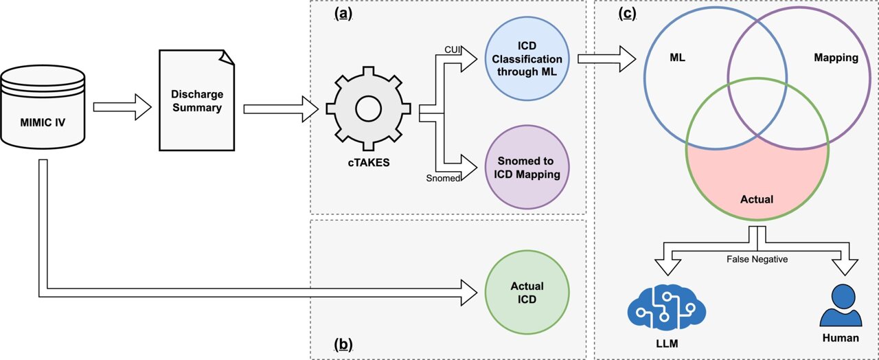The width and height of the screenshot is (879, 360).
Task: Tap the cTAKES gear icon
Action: tap(368, 109)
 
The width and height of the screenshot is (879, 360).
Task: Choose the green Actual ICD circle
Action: tap(527, 293)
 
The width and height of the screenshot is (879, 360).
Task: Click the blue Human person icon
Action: tap(840, 307)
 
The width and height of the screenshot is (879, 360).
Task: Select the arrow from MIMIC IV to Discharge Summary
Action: tap(122, 107)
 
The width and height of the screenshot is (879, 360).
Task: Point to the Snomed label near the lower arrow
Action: tap(443, 179)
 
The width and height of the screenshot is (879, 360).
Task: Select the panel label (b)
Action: tap(343, 344)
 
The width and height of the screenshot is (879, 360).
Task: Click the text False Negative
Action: tap(757, 259)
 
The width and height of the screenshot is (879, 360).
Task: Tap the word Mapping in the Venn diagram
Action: tap(836, 58)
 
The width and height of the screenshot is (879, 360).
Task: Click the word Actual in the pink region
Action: tap(756, 199)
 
